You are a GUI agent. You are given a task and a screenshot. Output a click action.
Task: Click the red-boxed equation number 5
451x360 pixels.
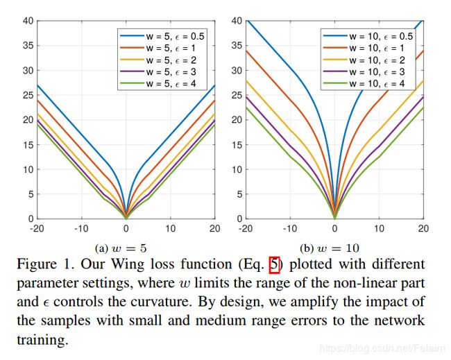(274, 265)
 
